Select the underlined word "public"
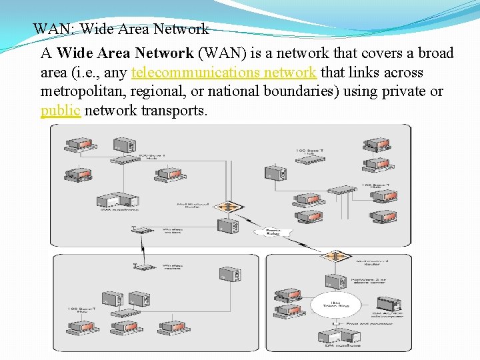[61, 110]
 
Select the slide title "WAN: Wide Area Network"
[121, 29]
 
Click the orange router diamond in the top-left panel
[228, 207]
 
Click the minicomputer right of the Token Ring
[387, 305]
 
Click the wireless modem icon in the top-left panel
[142, 231]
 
